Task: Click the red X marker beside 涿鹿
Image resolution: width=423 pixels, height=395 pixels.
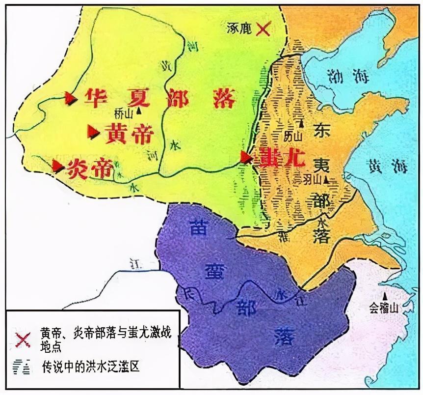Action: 264,29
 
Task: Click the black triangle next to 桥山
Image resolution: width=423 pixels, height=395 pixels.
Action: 139,111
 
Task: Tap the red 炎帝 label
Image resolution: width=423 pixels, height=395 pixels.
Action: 89,169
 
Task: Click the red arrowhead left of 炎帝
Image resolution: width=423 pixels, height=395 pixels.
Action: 59,167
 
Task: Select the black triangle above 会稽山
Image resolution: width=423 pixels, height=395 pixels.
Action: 386,296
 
